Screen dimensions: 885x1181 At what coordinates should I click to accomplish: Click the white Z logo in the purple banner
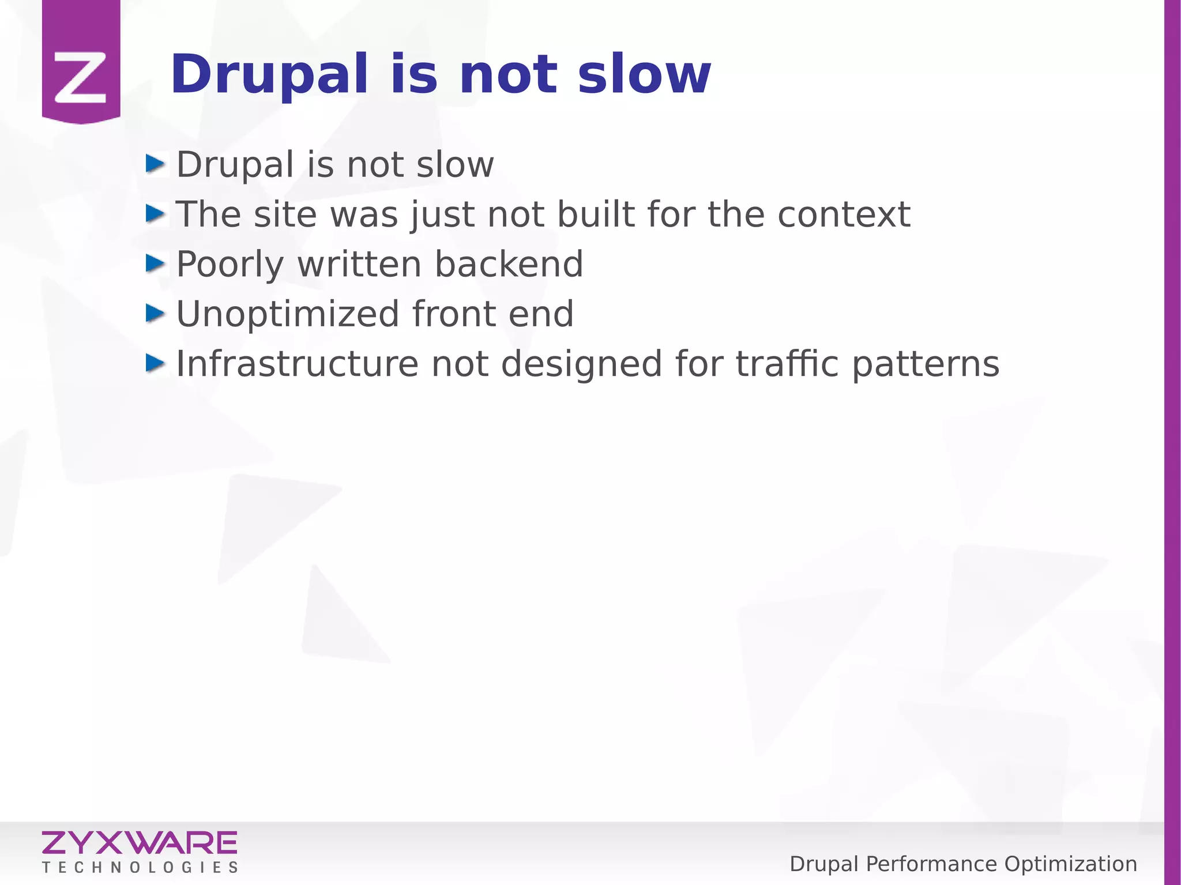(x=81, y=78)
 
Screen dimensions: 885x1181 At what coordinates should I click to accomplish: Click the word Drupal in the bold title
(x=269, y=75)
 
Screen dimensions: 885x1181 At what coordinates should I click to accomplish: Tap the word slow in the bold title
(x=644, y=75)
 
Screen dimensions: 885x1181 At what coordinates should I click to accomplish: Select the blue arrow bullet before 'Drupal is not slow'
(x=155, y=164)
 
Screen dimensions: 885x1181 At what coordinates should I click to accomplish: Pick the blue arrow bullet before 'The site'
(x=155, y=214)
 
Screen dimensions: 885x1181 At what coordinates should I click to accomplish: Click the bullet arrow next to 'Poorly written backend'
(x=155, y=263)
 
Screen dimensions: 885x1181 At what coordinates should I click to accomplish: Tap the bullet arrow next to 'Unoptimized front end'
(x=155, y=314)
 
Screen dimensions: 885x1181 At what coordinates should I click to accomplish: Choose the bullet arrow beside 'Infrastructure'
(x=155, y=363)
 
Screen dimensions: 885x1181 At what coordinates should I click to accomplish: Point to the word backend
(x=509, y=264)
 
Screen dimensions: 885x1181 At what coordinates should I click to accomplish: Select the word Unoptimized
(x=287, y=314)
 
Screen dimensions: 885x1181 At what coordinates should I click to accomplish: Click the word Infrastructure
(x=297, y=364)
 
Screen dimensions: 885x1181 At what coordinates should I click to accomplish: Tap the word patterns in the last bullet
(x=925, y=365)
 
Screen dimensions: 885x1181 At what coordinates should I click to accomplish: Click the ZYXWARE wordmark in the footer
(x=140, y=843)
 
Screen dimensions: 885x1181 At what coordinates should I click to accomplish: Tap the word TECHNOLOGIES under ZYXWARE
(x=140, y=868)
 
